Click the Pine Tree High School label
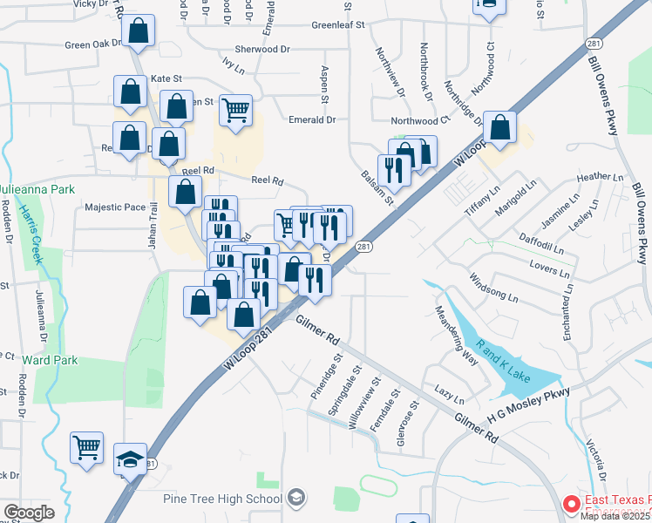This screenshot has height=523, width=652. [223, 499]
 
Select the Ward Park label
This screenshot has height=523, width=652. [50, 360]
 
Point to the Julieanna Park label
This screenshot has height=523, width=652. [37, 189]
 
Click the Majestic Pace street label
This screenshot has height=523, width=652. [115, 207]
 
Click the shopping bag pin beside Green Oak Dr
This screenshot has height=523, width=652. [138, 33]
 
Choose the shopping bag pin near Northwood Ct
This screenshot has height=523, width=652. [499, 129]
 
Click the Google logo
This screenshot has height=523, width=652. [29, 513]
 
